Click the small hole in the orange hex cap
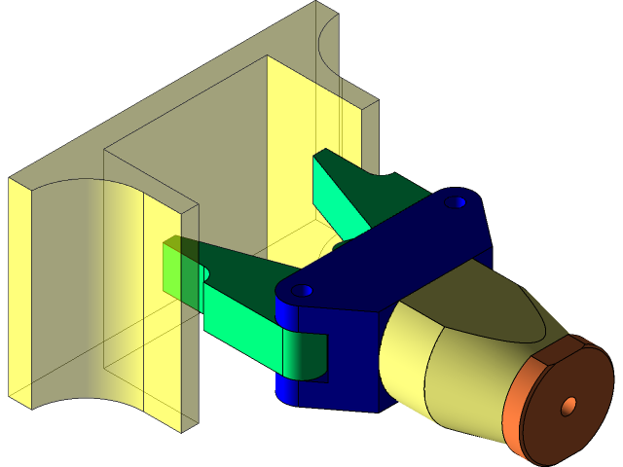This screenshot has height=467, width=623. click(x=568, y=405)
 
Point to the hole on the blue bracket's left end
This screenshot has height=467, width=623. click(x=304, y=290)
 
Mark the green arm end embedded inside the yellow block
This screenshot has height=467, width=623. click(x=181, y=268)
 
